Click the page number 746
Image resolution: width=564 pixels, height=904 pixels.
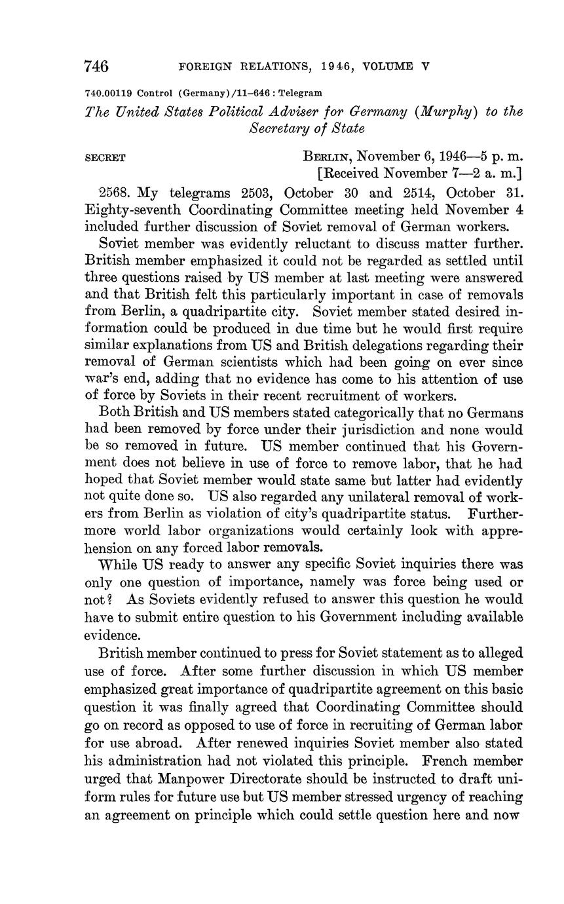click(96, 66)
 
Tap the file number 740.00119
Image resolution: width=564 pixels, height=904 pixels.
click(109, 93)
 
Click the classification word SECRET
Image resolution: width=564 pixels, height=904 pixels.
click(105, 158)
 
